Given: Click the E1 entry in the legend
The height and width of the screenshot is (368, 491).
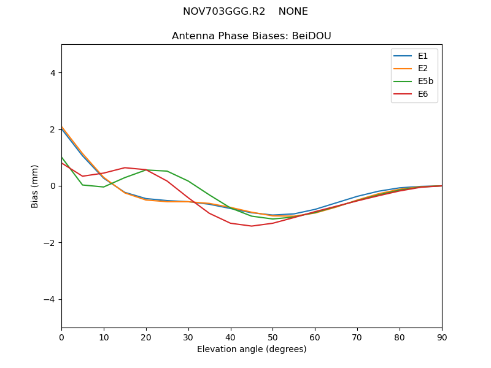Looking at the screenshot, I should coord(424,56).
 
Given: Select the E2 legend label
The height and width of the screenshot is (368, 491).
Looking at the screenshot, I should coord(424,69).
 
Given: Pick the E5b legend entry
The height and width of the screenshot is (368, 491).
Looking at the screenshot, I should coord(426,82).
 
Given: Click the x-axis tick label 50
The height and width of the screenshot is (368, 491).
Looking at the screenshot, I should coord(273,337).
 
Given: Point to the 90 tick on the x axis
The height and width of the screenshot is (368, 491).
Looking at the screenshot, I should coord(442,337).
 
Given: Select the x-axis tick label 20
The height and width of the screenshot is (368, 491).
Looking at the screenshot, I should coord(146,337).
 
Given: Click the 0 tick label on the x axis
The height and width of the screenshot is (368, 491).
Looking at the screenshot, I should coord(61,337).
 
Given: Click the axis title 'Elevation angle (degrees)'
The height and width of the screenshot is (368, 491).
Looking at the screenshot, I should coord(252,349).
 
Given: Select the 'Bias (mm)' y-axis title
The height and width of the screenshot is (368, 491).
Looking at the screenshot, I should coord(35,186).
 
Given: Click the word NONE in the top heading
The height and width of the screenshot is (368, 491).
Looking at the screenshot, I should coord(293,12).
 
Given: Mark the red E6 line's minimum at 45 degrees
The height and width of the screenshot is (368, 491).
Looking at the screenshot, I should coord(252,226).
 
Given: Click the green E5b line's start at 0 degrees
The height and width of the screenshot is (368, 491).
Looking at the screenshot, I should coord(61,157).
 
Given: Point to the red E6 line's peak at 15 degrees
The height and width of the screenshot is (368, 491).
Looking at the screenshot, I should coord(125,167).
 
